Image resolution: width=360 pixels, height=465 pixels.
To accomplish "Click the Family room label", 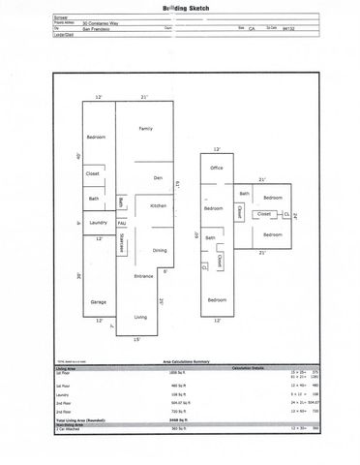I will point(146,129).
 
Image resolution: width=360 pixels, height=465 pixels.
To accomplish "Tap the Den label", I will point(157,178).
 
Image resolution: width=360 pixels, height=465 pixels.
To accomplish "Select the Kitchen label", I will point(159,205).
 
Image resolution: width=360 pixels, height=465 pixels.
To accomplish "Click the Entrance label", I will point(143,276).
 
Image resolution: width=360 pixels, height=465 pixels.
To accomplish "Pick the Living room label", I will point(141,318).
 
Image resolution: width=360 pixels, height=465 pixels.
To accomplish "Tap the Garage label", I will point(97,302).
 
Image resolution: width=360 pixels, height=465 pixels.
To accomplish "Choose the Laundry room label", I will point(97,223).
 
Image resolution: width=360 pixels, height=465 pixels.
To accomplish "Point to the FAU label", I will point(122,223).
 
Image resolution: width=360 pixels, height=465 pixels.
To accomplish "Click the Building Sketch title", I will point(179,7).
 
